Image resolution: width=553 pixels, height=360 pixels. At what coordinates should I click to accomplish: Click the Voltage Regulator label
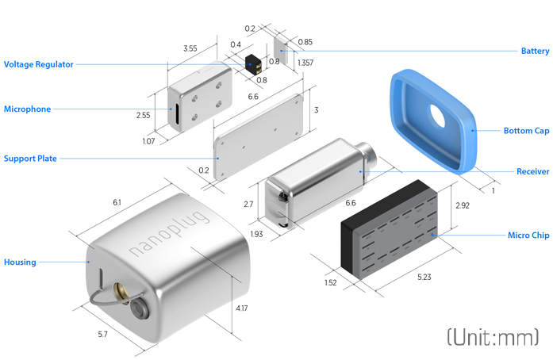click(39, 64)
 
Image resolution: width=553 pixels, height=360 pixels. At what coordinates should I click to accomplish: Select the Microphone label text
click(27, 109)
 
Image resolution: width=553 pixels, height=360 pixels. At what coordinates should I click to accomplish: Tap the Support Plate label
click(30, 159)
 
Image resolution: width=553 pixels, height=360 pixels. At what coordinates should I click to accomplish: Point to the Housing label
click(20, 262)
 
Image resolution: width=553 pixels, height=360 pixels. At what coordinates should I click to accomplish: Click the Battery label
click(535, 51)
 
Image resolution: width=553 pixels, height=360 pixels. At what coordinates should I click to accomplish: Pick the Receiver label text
click(532, 171)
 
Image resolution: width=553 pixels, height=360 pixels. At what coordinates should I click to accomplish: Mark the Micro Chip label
click(528, 236)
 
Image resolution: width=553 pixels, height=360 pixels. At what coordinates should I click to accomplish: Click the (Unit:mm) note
click(492, 337)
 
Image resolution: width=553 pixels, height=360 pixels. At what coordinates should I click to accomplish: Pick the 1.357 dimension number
click(305, 62)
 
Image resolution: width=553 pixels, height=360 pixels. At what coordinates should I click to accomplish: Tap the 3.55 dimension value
click(190, 48)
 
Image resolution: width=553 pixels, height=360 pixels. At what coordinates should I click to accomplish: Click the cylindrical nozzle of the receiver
click(367, 151)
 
